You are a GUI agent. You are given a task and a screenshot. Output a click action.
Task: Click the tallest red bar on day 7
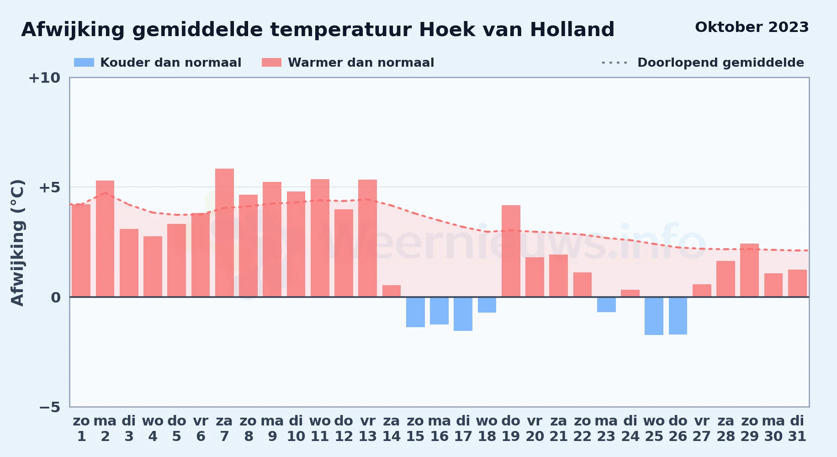click(224, 233)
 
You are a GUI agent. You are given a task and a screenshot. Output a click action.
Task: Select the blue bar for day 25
click(654, 316)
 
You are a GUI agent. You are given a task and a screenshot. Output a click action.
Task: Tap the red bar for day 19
click(511, 251)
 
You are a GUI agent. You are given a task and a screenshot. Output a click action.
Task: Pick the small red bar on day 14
click(392, 291)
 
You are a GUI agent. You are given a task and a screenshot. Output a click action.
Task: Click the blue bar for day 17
click(463, 314)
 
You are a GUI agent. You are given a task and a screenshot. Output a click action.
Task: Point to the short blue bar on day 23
click(606, 305)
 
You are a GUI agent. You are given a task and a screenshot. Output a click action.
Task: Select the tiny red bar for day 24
click(630, 293)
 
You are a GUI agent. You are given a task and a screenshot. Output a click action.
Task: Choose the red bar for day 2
click(105, 239)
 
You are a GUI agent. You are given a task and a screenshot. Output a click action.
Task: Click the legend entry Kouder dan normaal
click(158, 63)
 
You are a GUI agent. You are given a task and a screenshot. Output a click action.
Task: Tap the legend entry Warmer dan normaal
click(348, 63)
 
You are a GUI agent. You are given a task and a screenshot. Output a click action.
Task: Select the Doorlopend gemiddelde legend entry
click(703, 63)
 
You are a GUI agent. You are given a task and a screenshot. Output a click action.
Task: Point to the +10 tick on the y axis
click(44, 78)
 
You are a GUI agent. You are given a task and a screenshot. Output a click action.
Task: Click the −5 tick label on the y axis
click(49, 407)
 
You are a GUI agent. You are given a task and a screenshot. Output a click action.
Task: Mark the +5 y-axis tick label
click(49, 187)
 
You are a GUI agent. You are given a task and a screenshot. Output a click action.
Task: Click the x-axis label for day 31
click(797, 429)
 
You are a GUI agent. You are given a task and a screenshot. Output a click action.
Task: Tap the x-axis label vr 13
click(368, 429)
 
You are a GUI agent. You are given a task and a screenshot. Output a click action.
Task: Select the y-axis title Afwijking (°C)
click(17, 242)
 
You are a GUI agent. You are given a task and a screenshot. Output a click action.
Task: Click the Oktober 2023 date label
click(752, 27)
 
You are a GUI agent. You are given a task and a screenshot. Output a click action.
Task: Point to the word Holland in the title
click(572, 30)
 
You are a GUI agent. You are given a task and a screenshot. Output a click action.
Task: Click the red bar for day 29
click(749, 270)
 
